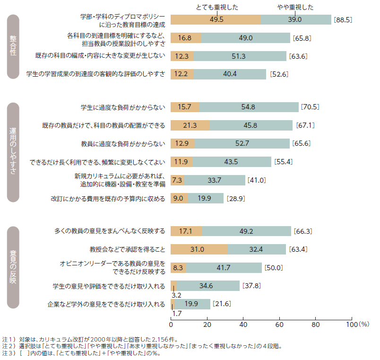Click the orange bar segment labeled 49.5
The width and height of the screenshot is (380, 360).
[x=216, y=19]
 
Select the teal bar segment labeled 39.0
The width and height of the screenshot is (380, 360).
[x=296, y=19]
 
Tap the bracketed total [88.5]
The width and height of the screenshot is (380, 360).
[x=343, y=20]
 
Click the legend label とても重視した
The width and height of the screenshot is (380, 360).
[x=217, y=7]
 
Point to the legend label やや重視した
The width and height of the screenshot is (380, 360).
[x=294, y=7]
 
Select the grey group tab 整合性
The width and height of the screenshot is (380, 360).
[x=13, y=46]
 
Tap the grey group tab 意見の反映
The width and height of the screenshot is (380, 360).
[x=13, y=268]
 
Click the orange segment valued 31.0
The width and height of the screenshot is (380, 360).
[x=199, y=249]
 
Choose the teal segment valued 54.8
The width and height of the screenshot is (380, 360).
[x=249, y=107]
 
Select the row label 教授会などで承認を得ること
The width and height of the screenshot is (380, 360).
[x=127, y=249]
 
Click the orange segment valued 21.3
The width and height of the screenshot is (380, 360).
[x=190, y=125]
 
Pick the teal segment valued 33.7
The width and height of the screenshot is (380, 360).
[x=215, y=180]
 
